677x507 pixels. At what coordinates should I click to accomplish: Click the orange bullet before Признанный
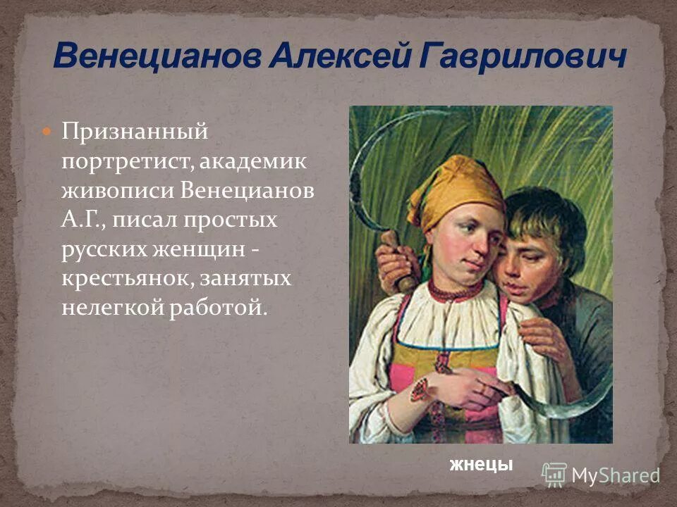47,132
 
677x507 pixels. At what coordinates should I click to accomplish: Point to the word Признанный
135,132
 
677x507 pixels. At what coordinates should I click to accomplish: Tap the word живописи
117,191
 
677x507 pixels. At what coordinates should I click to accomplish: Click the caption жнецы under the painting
482,465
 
